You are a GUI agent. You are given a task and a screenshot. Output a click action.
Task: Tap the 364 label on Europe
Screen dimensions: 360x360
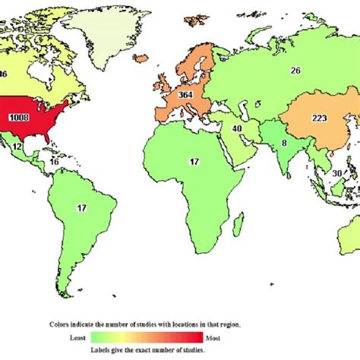click(185, 95)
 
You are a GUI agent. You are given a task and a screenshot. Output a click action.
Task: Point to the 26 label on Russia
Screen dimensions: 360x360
click(295, 70)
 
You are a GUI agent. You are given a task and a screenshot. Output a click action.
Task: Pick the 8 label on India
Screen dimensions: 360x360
click(262, 141)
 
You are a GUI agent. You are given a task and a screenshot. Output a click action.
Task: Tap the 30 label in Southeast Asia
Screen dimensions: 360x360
click(336, 172)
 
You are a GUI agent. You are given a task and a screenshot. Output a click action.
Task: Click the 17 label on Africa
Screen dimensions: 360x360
click(195, 161)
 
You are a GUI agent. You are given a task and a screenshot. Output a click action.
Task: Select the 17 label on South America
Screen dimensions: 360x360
click(81, 207)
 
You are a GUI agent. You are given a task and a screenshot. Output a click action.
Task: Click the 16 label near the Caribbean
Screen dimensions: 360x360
click(54, 162)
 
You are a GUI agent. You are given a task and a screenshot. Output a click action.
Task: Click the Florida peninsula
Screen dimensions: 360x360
click(55, 137)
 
